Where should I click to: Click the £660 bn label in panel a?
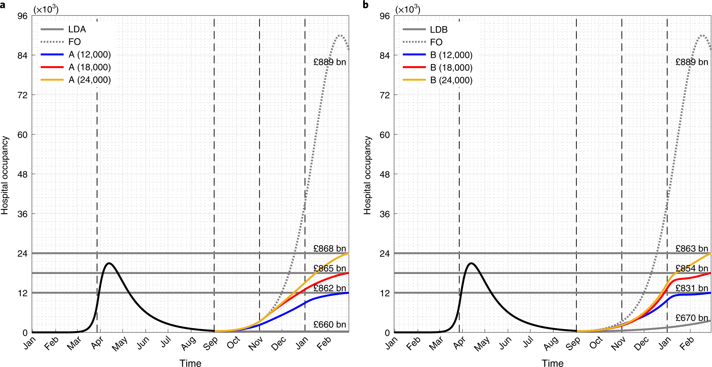click(329, 324)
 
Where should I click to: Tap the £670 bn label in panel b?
click(692, 318)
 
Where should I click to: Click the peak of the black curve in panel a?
click(109, 263)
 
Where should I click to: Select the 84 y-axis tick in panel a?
click(23, 55)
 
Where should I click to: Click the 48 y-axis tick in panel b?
click(384, 174)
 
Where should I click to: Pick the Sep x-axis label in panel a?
click(211, 343)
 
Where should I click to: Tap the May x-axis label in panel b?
click(482, 344)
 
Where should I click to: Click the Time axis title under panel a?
click(190, 363)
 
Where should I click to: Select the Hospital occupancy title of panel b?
click(367, 175)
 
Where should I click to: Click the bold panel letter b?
click(366, 5)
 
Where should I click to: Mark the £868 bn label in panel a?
click(329, 248)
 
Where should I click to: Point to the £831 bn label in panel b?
click(692, 288)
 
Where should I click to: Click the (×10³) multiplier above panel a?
click(46, 9)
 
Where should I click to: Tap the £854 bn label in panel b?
click(692, 268)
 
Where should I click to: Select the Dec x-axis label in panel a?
click(279, 344)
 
